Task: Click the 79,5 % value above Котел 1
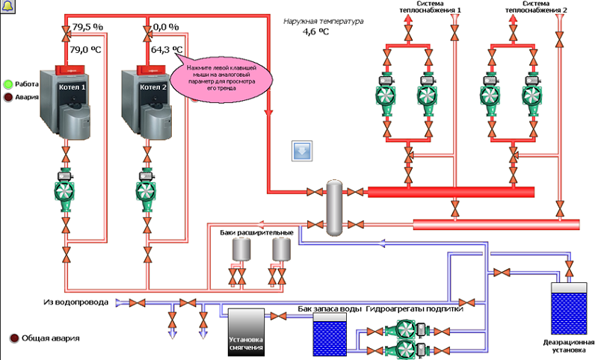87,27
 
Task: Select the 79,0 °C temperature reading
86,51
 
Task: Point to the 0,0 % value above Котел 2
166,27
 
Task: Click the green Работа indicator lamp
8,84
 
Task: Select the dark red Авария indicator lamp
8,96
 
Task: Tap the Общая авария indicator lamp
13,338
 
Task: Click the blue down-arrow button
302,150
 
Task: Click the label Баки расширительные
254,234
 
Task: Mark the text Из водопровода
75,302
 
